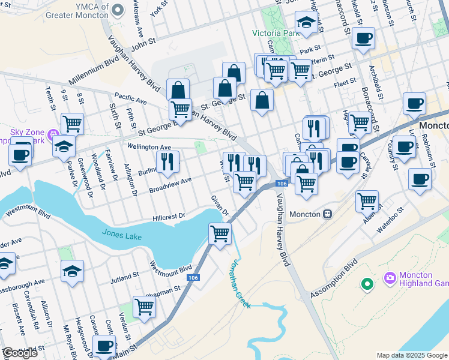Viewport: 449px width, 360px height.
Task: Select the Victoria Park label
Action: click(276, 33)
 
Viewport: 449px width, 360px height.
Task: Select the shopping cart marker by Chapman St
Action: click(145, 307)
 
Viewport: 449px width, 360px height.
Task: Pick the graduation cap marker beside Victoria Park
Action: click(307, 23)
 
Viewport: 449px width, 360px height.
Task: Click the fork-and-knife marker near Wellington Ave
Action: click(167, 160)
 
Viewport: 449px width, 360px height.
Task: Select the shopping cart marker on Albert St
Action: click(367, 201)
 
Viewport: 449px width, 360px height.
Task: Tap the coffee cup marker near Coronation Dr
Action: click(105, 346)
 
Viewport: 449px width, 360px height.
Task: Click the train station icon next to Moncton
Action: click(328, 214)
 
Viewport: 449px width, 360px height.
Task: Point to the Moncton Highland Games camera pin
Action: click(390, 277)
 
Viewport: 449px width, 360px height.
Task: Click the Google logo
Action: click(20, 353)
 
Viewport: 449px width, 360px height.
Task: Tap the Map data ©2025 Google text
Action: click(411, 355)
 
